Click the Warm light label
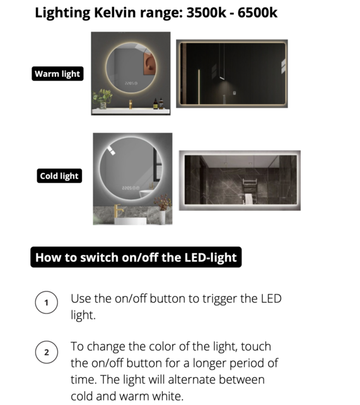[57, 74]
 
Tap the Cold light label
[59, 176]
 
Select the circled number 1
[47, 302]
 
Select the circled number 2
[47, 352]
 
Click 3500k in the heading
[206, 13]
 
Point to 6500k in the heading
[257, 13]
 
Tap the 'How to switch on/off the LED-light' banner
[136, 257]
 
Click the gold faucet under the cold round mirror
[118, 211]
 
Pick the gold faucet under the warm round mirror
[131, 104]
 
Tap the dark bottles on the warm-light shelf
[158, 103]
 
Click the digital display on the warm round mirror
[131, 83]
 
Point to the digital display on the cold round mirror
[131, 188]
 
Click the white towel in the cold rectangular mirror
[248, 199]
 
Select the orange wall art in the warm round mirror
[149, 64]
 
